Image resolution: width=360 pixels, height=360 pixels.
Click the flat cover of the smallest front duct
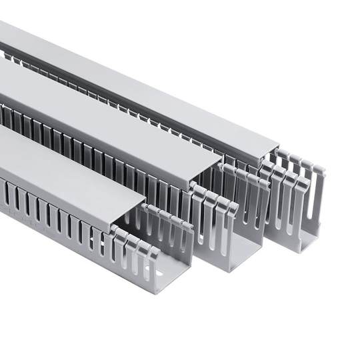click(67, 167)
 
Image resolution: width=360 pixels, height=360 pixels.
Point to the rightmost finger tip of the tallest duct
click(321, 171)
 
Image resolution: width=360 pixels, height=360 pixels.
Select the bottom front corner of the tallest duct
click(293, 250)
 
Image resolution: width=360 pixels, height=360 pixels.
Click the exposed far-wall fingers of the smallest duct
click(167, 220)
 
